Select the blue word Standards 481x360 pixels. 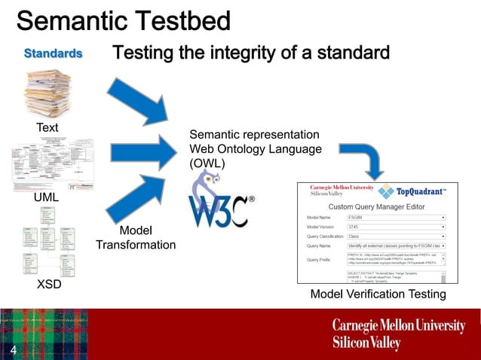[x=53, y=53]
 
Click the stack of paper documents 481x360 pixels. [x=47, y=94]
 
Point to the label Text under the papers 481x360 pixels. [x=47, y=127]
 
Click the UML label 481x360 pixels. [x=46, y=197]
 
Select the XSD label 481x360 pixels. [x=49, y=285]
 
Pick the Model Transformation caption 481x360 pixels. [x=136, y=237]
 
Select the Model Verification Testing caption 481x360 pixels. [x=378, y=294]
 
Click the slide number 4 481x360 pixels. [x=14, y=351]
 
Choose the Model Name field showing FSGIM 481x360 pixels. [x=395, y=216]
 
